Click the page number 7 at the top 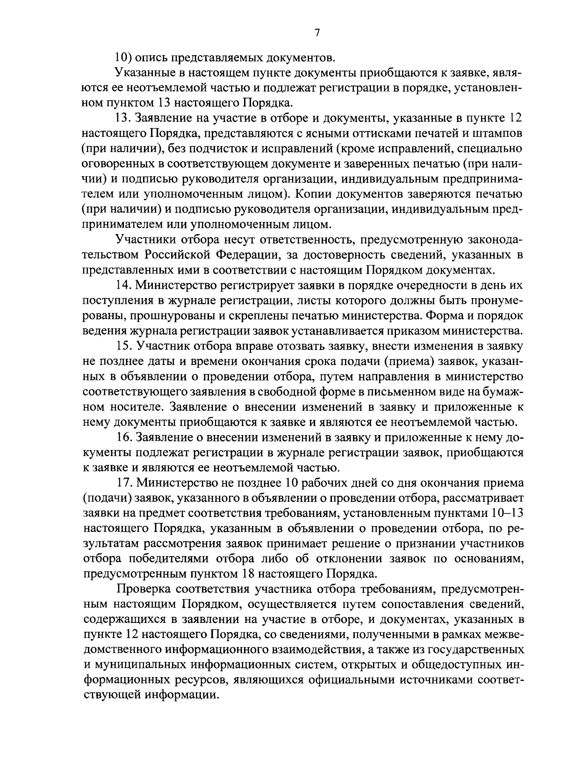click(x=316, y=32)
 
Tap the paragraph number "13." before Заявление click(x=123, y=119)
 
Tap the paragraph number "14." click(x=123, y=285)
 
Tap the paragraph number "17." click(x=123, y=482)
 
